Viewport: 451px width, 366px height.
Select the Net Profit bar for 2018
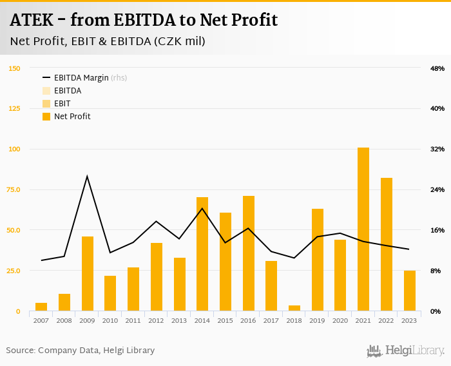click(294, 308)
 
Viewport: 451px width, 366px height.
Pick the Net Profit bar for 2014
click(202, 254)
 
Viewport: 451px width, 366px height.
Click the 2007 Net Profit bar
click(41, 307)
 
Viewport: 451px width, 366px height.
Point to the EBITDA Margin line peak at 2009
click(87, 176)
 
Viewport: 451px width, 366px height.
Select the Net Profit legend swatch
click(46, 117)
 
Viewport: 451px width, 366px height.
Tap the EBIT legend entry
click(62, 104)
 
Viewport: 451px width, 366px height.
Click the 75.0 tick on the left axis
click(14, 189)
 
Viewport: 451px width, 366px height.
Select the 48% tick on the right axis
click(437, 68)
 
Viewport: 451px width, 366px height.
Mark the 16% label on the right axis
click(437, 230)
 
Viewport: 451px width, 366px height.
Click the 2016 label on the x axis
click(248, 320)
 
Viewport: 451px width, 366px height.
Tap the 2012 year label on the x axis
click(156, 320)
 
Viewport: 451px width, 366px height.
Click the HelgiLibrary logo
click(406, 351)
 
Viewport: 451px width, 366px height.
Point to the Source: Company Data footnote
click(81, 351)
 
